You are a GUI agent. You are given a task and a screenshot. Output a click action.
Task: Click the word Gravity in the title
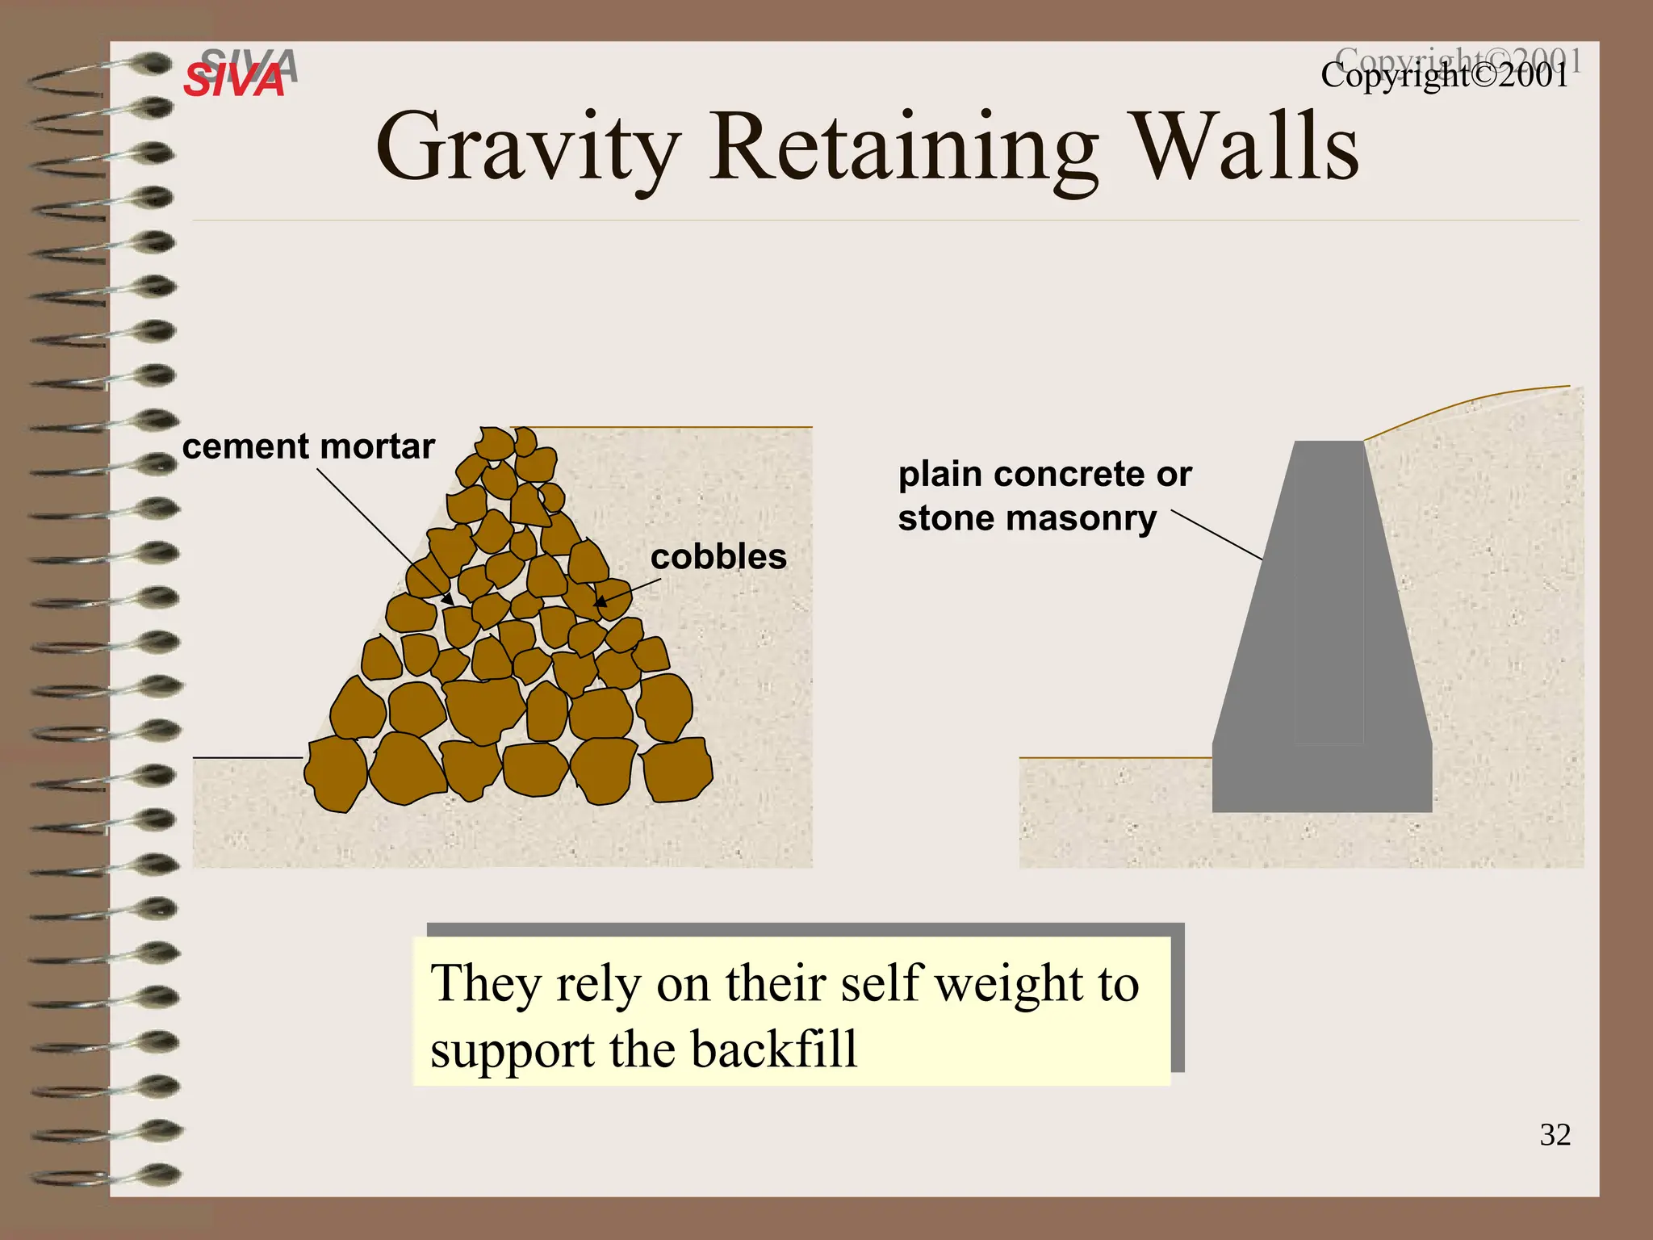(529, 149)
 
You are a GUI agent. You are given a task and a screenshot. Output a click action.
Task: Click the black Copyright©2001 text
(1445, 77)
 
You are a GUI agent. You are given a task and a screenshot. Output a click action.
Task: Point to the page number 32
(1555, 1135)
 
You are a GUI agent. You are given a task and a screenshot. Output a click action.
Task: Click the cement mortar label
(308, 446)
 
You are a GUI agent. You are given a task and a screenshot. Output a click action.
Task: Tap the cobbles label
(718, 557)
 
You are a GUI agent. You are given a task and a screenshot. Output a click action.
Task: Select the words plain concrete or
(1044, 474)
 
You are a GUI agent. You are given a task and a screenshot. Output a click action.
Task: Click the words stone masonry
(1027, 518)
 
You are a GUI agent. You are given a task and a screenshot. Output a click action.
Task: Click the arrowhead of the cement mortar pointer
(447, 601)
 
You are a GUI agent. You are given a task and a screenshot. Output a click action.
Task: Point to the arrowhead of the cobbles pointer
(600, 601)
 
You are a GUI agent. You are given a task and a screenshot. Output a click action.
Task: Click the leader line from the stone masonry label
(1216, 534)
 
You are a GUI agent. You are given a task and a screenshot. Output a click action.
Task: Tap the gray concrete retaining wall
(1324, 646)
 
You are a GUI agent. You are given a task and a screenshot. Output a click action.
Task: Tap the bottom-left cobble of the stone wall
(335, 773)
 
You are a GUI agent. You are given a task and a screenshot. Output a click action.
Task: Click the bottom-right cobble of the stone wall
(676, 770)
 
